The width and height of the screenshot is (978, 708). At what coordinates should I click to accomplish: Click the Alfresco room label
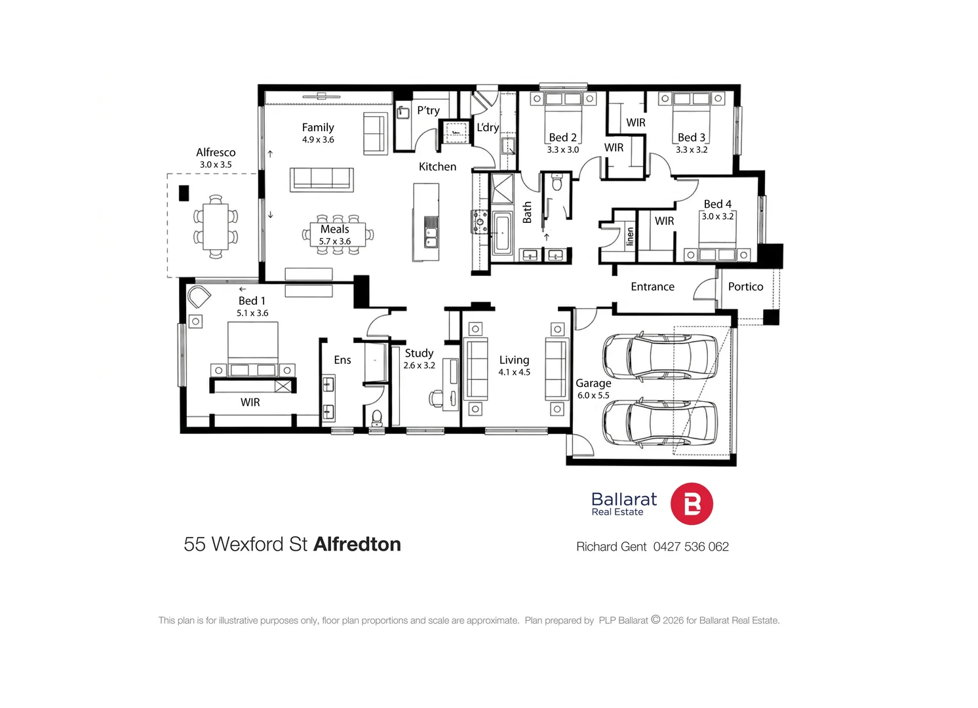point(216,153)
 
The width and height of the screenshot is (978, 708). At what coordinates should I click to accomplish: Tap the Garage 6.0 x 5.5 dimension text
point(593,395)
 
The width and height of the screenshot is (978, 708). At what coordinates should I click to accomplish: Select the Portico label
point(745,286)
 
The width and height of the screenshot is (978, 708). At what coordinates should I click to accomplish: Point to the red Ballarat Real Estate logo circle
point(692,503)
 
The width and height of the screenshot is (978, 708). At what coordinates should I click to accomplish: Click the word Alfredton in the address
point(357,544)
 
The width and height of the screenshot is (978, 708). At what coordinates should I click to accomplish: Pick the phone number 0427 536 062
point(691,546)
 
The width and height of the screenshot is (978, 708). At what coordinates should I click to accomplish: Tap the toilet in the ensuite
point(376,418)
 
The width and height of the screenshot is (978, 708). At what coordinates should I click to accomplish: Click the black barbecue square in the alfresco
point(184,193)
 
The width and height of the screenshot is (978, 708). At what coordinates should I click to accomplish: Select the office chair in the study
point(436,398)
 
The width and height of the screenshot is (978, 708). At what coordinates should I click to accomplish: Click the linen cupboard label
point(629,236)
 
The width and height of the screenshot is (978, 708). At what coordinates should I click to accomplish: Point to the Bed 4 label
point(717,204)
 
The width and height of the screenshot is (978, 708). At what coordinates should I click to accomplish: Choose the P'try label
point(428,111)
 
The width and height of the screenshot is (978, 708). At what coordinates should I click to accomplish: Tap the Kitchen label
point(437,167)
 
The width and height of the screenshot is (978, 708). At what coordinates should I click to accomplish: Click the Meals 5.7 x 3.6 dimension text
point(335,241)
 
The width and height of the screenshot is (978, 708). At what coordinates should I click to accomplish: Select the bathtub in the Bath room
point(502,233)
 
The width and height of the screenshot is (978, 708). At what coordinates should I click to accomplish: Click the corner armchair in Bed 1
point(199,297)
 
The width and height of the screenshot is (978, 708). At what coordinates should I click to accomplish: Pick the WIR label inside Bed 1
point(250,403)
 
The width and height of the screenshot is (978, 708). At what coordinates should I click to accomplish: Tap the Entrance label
point(652,286)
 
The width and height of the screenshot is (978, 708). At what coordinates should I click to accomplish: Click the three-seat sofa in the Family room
point(322,180)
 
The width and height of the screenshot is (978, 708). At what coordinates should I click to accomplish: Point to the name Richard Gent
point(611,546)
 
